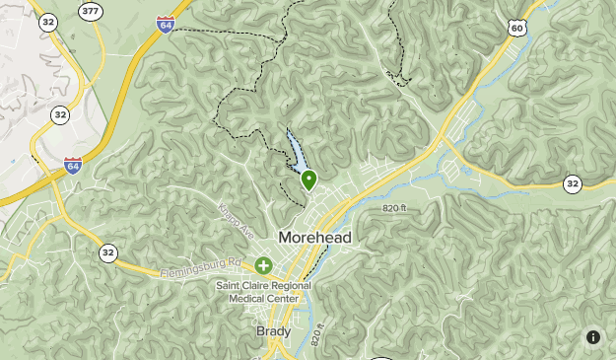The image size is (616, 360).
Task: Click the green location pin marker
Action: tap(308, 179)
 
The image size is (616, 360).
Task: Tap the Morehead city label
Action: tap(314, 238)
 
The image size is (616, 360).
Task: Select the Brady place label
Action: tap(274, 331)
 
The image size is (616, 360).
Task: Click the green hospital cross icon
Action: tap(263, 265)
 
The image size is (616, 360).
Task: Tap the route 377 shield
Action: tap(91, 12)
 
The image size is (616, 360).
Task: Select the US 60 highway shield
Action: tap(517, 28)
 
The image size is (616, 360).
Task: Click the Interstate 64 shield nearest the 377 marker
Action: tap(166, 26)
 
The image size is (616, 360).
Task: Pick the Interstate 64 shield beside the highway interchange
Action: tap(73, 167)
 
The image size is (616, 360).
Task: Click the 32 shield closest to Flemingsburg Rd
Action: tap(107, 252)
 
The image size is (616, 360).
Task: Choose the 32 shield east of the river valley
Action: tap(573, 183)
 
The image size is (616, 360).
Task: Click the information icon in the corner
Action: tap(593, 337)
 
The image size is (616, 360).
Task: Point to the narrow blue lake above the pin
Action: tap(295, 151)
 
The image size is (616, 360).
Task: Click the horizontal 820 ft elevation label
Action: tap(394, 207)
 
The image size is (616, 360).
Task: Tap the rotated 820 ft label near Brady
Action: tap(316, 334)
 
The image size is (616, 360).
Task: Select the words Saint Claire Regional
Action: tap(264, 286)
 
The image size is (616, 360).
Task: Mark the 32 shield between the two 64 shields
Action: tap(61, 114)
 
